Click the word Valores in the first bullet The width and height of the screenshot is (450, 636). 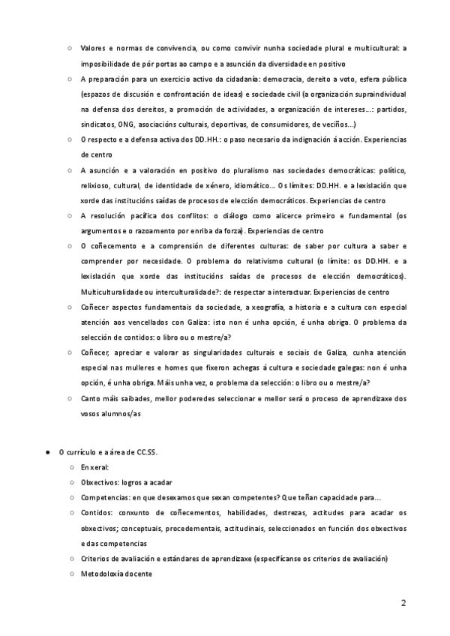point(93,49)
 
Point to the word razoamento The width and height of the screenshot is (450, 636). point(148,231)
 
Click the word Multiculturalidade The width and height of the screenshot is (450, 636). point(112,291)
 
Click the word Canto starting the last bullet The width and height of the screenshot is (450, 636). point(90,398)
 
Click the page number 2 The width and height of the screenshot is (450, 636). point(403,603)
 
